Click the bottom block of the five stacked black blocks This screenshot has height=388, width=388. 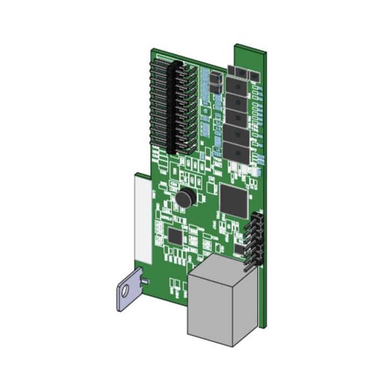[235, 150]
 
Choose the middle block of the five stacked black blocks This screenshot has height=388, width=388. [235, 116]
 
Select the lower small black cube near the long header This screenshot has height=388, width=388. [214, 89]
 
